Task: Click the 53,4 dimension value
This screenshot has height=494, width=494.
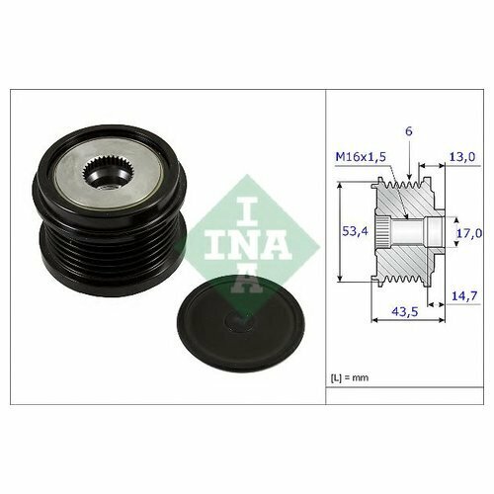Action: (x=355, y=231)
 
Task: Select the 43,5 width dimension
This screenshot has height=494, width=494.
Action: (x=405, y=311)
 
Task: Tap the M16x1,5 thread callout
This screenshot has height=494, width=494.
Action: (x=361, y=157)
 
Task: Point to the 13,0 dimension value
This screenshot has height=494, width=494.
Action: (x=462, y=157)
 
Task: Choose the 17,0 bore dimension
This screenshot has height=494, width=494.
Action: (x=469, y=233)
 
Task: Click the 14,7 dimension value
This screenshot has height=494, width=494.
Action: (x=464, y=295)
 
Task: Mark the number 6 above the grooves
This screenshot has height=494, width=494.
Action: (x=408, y=131)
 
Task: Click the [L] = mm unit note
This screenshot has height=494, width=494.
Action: (x=350, y=377)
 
